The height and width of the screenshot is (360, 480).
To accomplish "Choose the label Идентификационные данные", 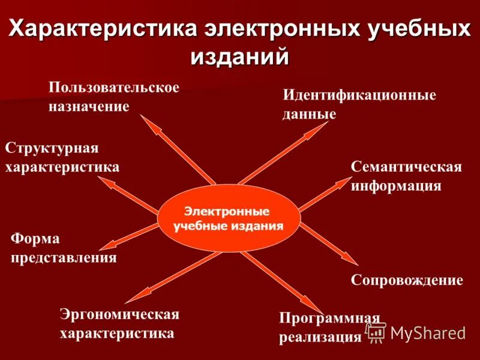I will click(x=359, y=104).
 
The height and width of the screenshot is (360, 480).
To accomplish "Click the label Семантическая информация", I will click(x=406, y=176).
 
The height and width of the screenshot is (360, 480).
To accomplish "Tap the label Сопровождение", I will click(x=406, y=280).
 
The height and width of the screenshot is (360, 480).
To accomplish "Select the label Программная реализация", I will click(x=329, y=327).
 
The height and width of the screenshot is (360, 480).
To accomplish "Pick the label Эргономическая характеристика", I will click(x=119, y=323).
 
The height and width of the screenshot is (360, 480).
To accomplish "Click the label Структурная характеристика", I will click(x=62, y=157).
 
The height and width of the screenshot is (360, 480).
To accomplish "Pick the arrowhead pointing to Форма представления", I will click(x=109, y=245).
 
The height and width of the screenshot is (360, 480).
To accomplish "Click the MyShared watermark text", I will click(x=428, y=332).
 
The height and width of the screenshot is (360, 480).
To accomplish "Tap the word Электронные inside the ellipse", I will click(x=227, y=212).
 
